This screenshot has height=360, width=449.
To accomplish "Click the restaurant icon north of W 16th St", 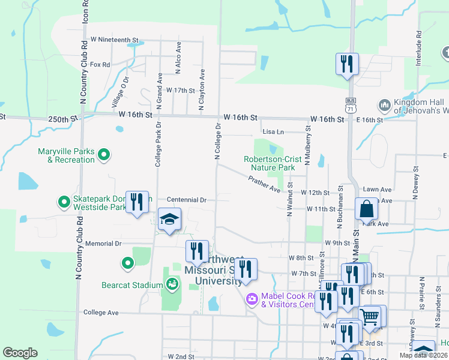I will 347,64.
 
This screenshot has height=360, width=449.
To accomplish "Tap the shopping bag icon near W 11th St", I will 366,210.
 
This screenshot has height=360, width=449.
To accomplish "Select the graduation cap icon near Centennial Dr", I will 169,220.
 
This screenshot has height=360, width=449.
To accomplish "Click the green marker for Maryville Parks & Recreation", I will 104,155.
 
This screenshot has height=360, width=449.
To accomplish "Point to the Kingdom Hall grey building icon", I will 385,106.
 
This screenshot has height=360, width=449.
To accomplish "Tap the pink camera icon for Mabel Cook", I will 252,298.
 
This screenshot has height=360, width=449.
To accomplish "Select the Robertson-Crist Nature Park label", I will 270,163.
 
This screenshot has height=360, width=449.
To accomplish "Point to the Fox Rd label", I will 100,64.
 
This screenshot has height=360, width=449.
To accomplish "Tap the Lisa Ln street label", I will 273,131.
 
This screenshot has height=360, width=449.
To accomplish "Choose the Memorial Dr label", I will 103,244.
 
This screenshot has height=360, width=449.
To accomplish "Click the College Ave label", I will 101,313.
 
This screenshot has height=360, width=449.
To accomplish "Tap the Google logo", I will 20,353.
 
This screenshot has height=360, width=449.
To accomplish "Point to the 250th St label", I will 63,119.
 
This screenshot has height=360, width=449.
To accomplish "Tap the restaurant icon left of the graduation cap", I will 138,203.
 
